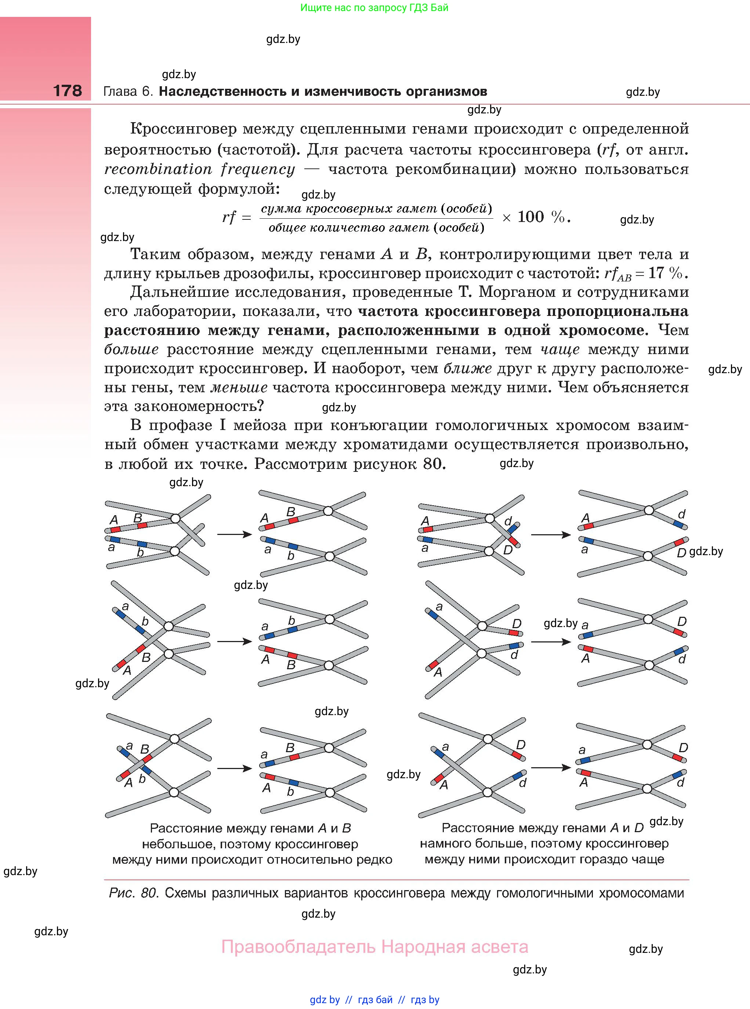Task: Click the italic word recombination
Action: [158, 169]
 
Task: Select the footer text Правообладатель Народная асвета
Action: [374, 947]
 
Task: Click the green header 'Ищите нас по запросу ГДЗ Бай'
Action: [374, 8]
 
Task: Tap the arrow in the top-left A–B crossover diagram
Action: [234, 535]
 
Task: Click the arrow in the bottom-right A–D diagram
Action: [551, 768]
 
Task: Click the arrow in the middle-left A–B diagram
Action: [234, 641]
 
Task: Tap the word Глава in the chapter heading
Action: [120, 92]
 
